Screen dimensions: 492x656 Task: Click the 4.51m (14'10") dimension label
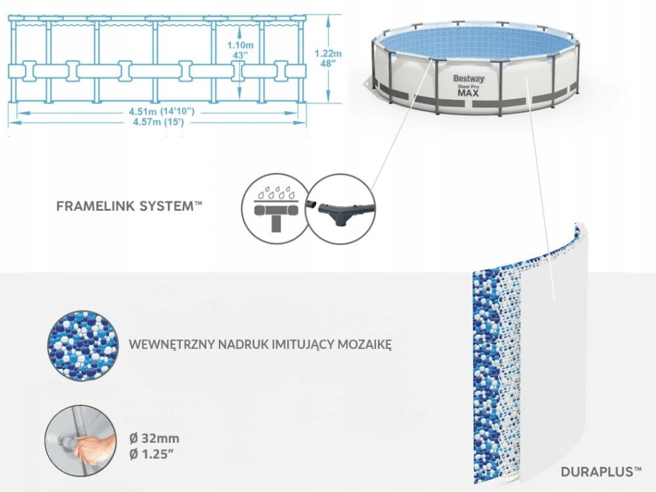[x=159, y=112]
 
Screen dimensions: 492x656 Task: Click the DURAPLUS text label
[x=600, y=472]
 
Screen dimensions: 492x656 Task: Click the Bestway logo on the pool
[x=469, y=78]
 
